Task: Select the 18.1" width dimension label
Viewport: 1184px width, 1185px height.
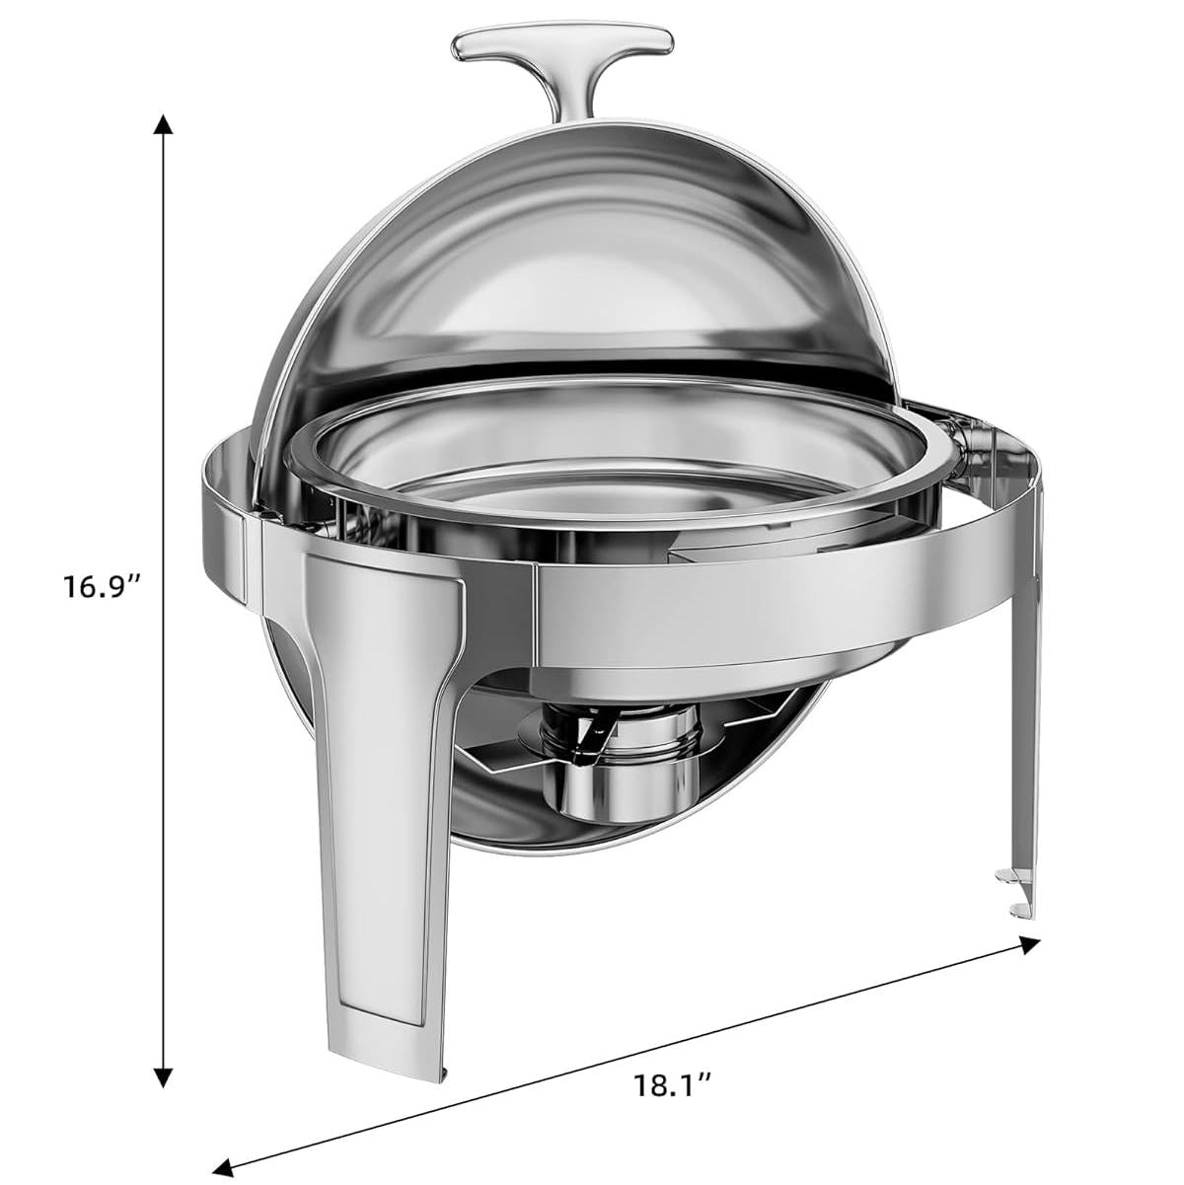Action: pos(673,1084)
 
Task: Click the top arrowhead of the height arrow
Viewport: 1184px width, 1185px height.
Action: pos(163,125)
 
